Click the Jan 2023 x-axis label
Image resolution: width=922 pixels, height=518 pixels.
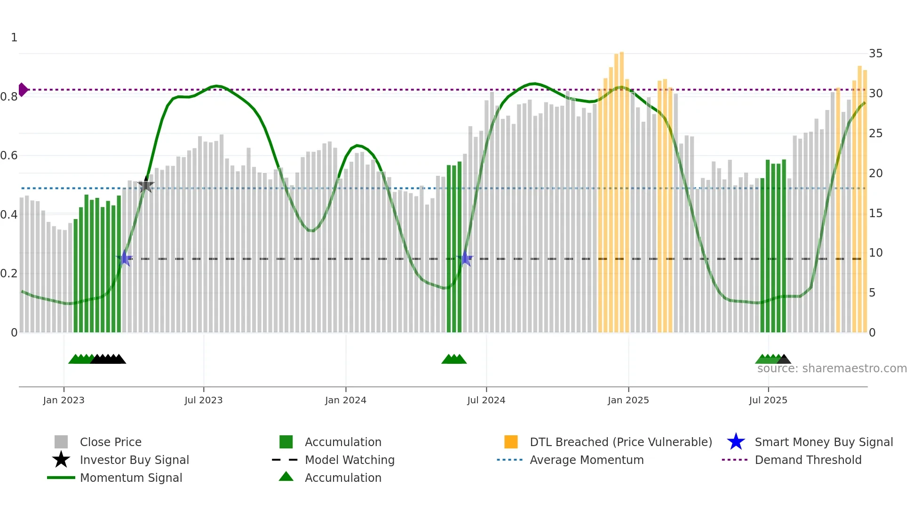click(64, 400)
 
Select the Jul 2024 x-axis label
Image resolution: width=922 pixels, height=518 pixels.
click(486, 400)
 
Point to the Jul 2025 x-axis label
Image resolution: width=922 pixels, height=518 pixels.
click(768, 400)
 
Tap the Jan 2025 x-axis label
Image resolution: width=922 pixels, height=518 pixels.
click(628, 400)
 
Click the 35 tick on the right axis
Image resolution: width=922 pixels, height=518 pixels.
click(875, 54)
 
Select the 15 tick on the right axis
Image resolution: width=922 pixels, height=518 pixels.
click(875, 213)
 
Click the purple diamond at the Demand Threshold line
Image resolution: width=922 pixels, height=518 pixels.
click(23, 89)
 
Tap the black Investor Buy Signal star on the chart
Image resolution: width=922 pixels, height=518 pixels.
click(146, 185)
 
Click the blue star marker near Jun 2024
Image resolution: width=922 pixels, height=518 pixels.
click(465, 258)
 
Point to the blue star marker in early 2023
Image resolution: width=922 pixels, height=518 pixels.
click(125, 258)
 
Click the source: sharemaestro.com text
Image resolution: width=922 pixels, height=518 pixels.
click(832, 369)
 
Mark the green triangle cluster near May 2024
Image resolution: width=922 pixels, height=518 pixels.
click(454, 359)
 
